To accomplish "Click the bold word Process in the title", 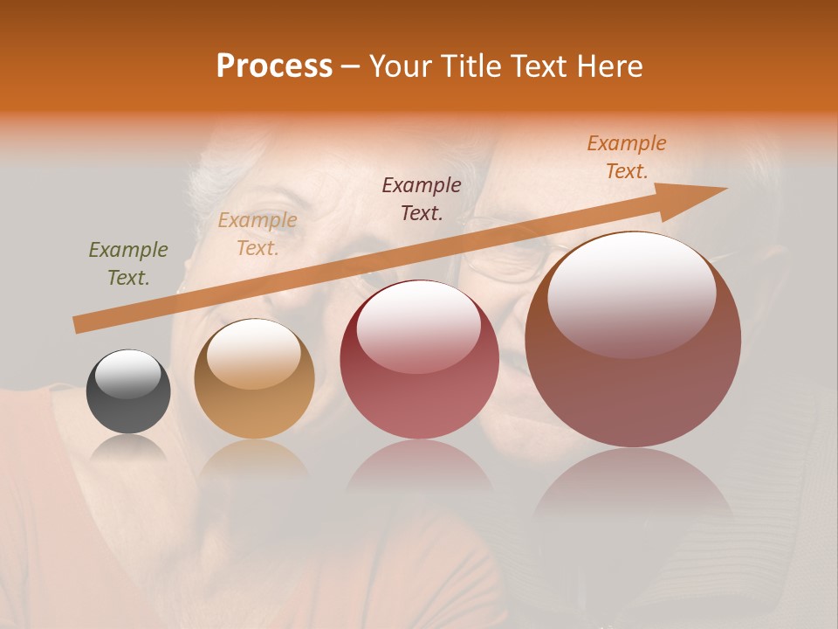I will point(274,66).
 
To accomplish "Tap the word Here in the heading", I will point(610,66).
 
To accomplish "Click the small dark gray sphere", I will point(128,392).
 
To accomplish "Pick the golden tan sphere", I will point(254,379).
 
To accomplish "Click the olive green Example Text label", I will point(128,264).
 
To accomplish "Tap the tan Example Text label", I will point(257,234).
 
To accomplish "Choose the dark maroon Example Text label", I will point(422,198).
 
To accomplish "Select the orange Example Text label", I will point(627,157).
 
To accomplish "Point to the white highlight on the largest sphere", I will point(631,293).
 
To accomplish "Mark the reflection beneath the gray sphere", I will point(128,449).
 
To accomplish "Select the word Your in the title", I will point(396,66).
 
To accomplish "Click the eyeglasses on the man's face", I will point(506,258).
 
